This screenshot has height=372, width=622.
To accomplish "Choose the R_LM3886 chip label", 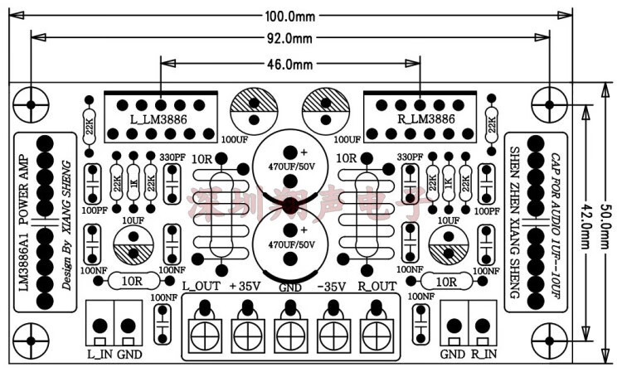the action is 425,119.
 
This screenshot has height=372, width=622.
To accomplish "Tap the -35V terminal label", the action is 332,287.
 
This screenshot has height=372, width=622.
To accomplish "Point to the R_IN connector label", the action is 484,353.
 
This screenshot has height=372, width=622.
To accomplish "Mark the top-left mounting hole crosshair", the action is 31,105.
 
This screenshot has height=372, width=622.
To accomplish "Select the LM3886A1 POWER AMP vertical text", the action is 23,217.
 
